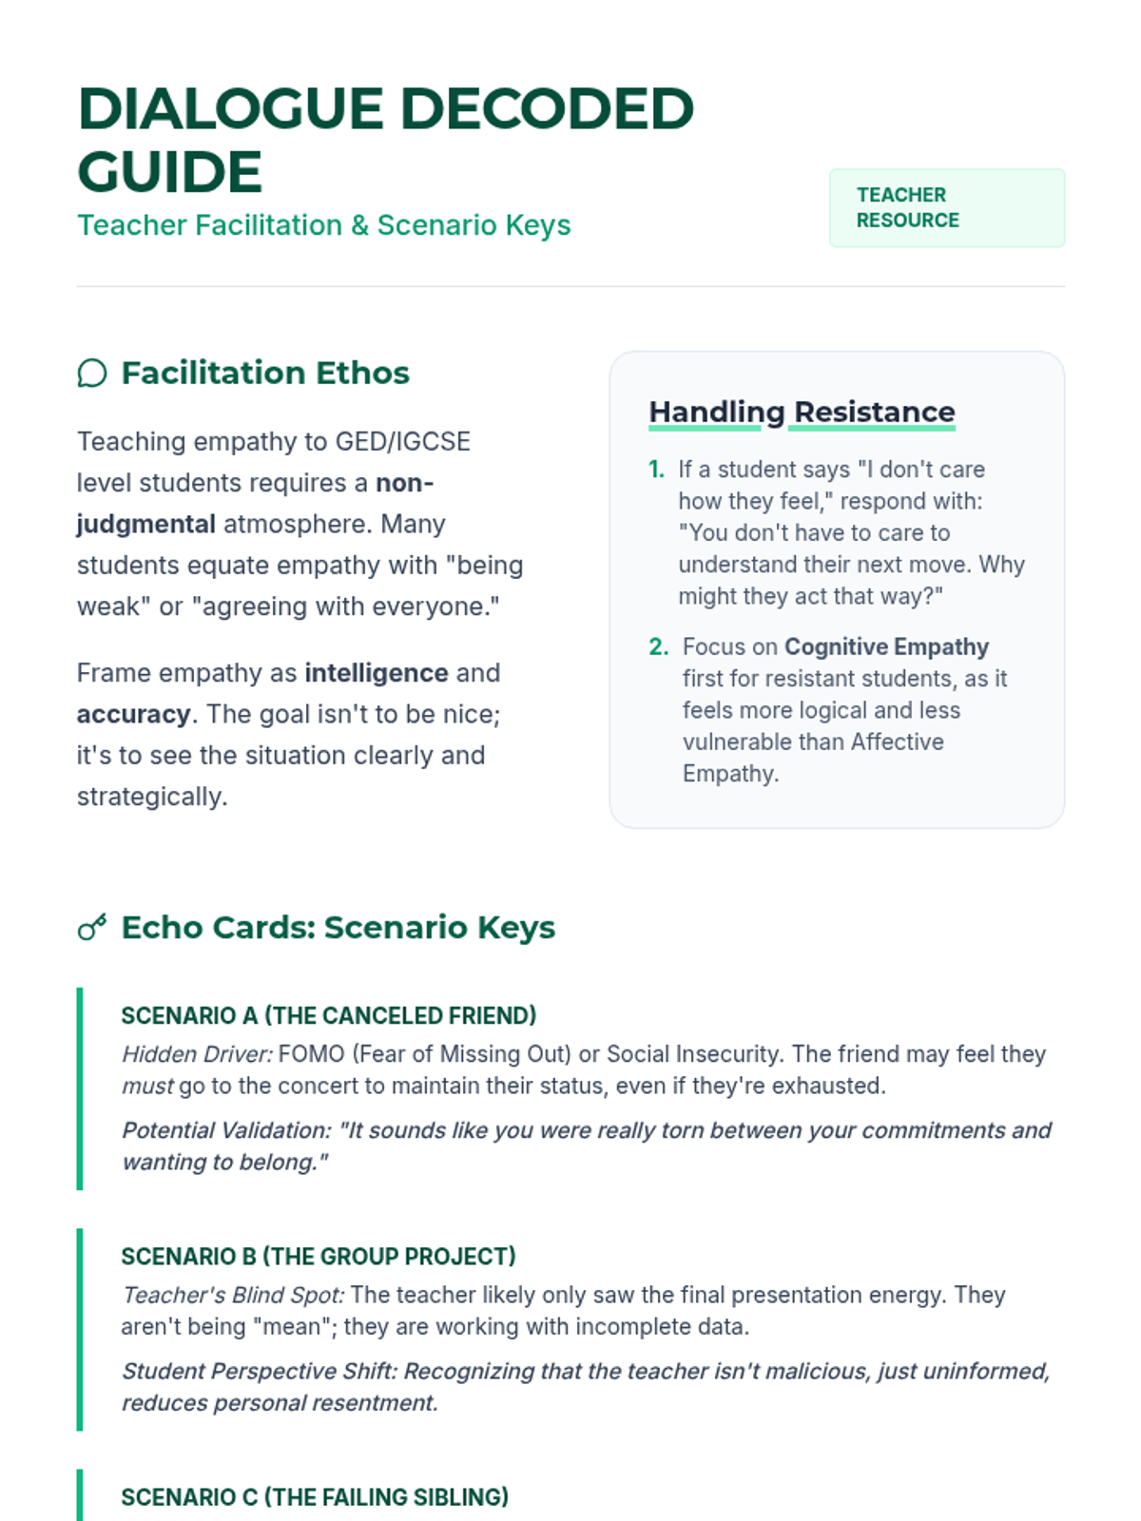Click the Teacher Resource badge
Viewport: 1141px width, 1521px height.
point(946,208)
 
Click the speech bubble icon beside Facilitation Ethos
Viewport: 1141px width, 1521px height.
point(92,374)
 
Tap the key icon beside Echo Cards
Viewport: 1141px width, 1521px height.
point(92,928)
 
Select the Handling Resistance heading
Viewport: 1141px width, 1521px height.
point(802,412)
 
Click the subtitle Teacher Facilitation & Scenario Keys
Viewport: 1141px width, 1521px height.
point(323,225)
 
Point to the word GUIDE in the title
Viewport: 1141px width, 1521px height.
point(169,171)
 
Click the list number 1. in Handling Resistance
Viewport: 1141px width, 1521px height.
point(656,470)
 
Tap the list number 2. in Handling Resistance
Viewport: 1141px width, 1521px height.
point(658,647)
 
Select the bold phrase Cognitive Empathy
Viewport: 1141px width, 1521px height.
point(886,647)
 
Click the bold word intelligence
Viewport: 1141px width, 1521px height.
point(376,673)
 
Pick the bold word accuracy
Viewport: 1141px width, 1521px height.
point(133,714)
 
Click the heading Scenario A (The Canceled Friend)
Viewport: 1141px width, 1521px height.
point(328,1015)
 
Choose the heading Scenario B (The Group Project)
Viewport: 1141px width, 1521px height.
point(318,1257)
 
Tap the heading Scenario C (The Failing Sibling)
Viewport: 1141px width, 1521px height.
point(314,1497)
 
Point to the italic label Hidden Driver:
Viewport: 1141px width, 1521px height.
point(197,1054)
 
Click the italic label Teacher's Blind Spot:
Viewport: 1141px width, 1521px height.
point(233,1295)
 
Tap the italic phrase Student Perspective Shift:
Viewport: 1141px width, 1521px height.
point(259,1371)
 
